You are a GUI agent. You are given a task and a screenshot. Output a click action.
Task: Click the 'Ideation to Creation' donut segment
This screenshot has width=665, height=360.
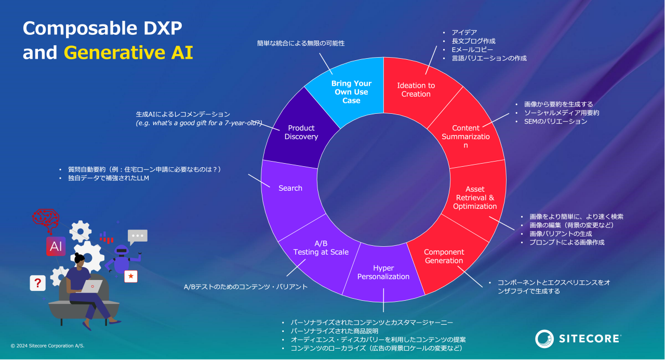[416, 90]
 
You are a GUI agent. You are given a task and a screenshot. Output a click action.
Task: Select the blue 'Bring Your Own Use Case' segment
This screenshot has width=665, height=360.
[351, 92]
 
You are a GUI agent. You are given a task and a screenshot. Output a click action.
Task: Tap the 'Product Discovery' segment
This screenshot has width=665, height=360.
[301, 132]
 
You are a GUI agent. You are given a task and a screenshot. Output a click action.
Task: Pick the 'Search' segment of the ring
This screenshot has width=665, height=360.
[290, 188]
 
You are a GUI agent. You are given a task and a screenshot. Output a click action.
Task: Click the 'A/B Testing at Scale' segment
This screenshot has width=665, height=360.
[321, 248]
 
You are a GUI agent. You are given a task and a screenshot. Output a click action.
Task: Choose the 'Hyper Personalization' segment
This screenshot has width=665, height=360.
[383, 272]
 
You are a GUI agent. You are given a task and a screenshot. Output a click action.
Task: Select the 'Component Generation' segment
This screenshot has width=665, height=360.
[444, 256]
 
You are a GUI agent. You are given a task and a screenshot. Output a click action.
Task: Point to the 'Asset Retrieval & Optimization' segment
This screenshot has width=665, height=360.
[475, 198]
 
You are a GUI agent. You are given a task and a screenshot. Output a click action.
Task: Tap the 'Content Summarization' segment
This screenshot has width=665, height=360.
[465, 136]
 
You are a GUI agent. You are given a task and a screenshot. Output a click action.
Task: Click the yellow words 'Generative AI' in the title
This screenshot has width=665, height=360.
[128, 53]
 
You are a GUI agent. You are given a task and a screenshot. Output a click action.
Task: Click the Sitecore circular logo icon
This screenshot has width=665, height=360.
[545, 339]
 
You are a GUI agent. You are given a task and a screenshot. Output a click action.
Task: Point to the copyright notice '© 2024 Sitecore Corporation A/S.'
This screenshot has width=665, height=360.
[47, 345]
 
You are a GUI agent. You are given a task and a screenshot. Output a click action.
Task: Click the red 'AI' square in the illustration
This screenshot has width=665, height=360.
[56, 247]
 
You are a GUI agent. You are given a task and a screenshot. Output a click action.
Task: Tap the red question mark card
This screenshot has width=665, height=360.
[37, 284]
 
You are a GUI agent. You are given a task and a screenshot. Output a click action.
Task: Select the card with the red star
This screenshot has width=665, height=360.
[131, 276]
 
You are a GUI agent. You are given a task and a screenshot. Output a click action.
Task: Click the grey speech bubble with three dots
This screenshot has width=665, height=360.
[138, 236]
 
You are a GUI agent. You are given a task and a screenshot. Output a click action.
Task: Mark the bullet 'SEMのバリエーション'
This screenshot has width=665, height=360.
[555, 122]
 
